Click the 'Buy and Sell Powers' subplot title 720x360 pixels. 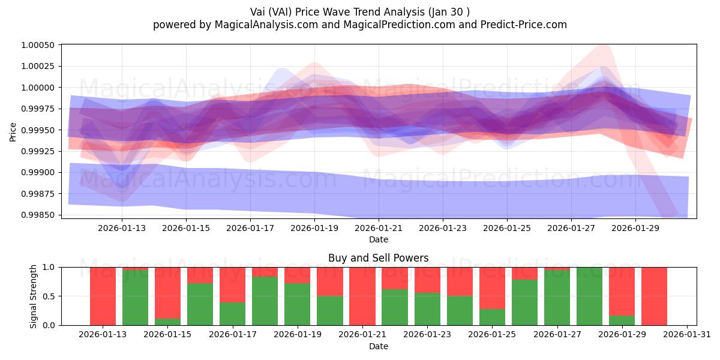coord(378,258)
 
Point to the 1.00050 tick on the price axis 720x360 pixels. coord(38,46)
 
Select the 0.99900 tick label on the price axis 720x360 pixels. coord(38,173)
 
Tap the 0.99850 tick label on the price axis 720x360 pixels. coord(38,215)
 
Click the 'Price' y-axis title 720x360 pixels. coord(13,131)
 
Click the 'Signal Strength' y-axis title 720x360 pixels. coord(34,296)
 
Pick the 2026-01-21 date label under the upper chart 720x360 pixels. coord(379,228)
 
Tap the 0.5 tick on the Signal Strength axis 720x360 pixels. coord(50,296)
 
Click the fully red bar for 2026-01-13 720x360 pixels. coord(103,296)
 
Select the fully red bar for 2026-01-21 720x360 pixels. coord(362,296)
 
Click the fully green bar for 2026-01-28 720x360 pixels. coord(589,296)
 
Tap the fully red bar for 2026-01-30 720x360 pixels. coord(653,296)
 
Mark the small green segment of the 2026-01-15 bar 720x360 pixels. coord(167,322)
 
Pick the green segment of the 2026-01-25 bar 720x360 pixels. coord(491,317)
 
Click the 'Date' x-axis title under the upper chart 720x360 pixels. coord(378,239)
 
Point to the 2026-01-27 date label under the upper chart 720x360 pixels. coord(571,228)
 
